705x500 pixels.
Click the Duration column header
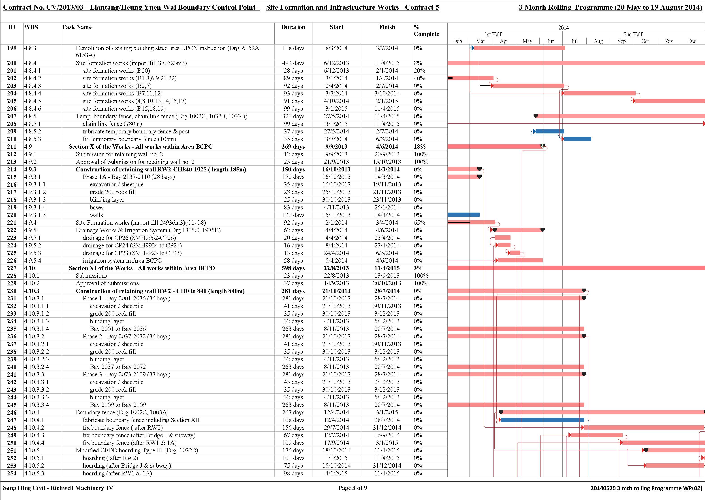point(293,27)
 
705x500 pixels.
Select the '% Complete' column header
point(426,30)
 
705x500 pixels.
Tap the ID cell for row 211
point(12,147)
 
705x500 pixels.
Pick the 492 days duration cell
point(293,63)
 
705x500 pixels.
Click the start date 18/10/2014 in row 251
point(336,450)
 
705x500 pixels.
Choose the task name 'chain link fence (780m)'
point(112,124)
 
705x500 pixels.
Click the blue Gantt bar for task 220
point(463,215)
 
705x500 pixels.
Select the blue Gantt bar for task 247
point(543,420)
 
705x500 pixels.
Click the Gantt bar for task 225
point(515,253)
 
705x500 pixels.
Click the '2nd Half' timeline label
point(633,34)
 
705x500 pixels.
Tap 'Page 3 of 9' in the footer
point(352,488)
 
